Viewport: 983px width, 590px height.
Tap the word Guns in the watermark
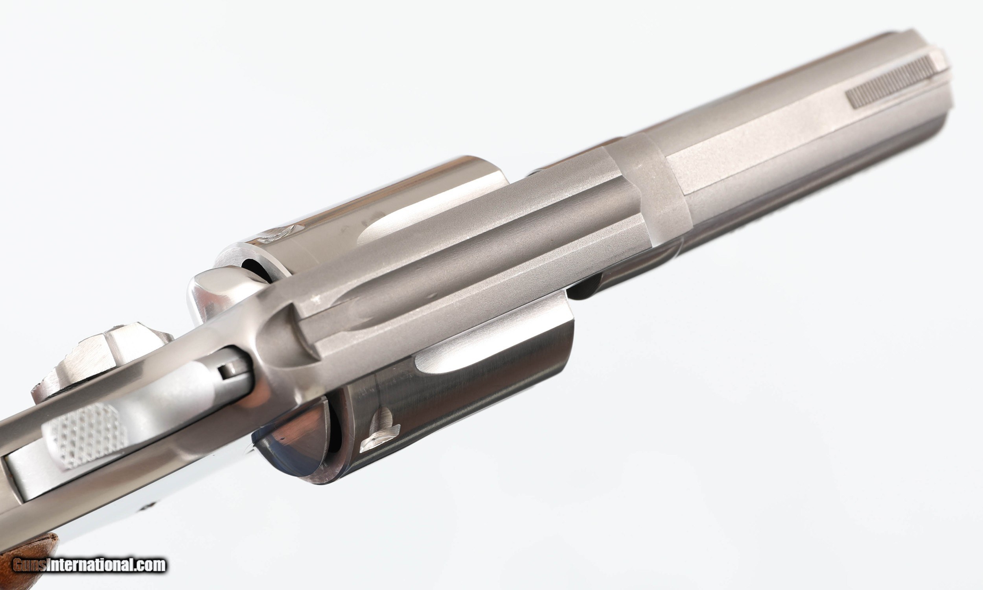point(30,565)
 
